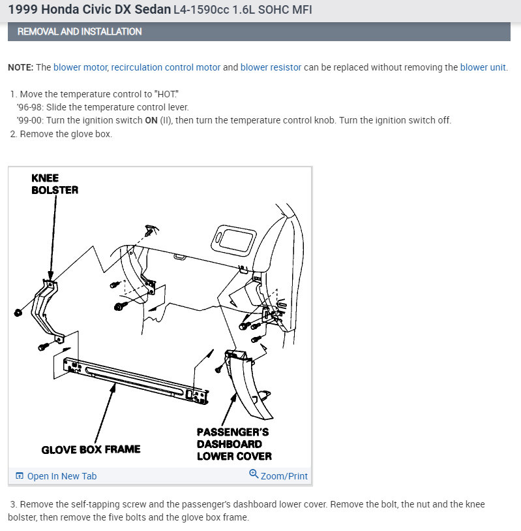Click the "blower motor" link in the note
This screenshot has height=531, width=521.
(x=81, y=67)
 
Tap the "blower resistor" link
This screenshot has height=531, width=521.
(x=271, y=67)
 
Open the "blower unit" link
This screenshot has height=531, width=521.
(x=483, y=67)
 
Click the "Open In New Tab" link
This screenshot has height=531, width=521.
(x=61, y=476)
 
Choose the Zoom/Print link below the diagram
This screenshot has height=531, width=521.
(x=284, y=476)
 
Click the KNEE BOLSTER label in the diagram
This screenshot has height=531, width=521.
(x=54, y=184)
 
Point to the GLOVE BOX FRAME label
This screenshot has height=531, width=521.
(x=91, y=449)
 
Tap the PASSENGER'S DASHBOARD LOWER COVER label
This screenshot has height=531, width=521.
(x=234, y=443)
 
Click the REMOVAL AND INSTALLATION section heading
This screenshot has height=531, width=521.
(x=80, y=31)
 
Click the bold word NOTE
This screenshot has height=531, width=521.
(x=21, y=67)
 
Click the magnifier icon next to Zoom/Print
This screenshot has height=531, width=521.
(x=254, y=475)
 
